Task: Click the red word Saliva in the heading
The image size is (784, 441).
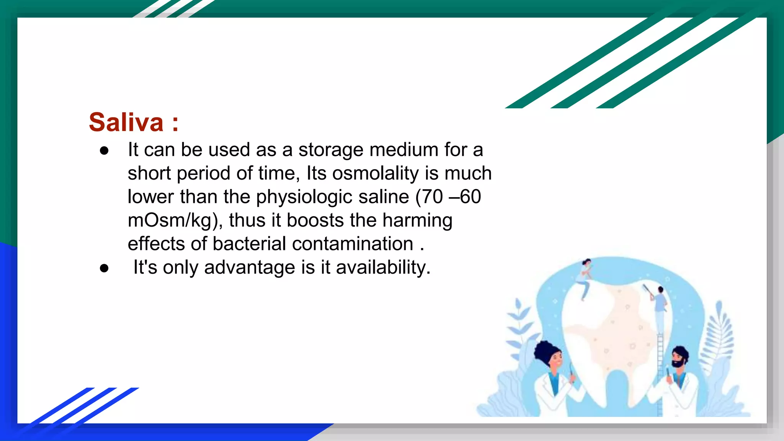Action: (x=126, y=122)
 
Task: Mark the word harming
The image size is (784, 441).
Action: (x=417, y=220)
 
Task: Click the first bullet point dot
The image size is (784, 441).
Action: (x=104, y=150)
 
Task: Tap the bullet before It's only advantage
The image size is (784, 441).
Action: (x=104, y=268)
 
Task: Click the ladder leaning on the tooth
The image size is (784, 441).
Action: (x=660, y=367)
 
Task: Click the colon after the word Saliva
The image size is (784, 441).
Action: (x=175, y=123)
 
